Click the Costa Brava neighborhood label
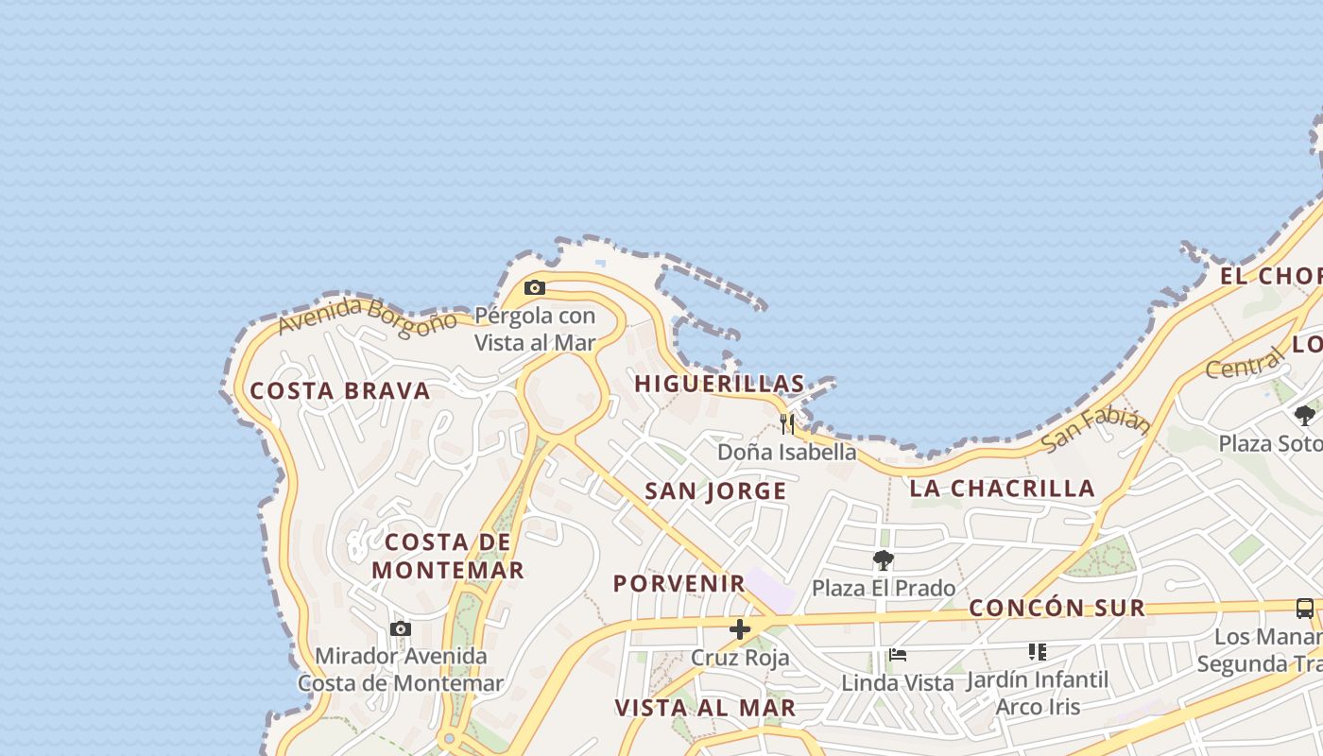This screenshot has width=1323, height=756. (x=340, y=390)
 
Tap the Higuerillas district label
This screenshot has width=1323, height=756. (x=719, y=384)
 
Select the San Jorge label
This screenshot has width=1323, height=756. (x=715, y=490)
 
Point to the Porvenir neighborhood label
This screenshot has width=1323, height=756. (x=679, y=583)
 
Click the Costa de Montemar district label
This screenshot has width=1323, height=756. (x=448, y=556)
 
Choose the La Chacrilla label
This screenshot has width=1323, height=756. (x=1003, y=488)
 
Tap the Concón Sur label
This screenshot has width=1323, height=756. (x=1057, y=608)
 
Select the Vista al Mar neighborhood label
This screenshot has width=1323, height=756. (x=705, y=708)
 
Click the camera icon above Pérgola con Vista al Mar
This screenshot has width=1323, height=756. (x=535, y=287)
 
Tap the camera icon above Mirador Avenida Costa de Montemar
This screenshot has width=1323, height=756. (x=401, y=628)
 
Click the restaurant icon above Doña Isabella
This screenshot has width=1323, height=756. (x=787, y=422)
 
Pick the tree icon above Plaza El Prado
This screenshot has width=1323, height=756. (x=884, y=560)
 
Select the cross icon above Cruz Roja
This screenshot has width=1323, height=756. (x=740, y=629)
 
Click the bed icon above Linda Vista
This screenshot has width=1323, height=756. (x=898, y=654)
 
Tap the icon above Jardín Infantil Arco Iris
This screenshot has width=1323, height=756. (x=1038, y=652)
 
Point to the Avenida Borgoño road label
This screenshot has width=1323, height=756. (x=367, y=317)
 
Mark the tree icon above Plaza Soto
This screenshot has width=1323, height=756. (x=1305, y=415)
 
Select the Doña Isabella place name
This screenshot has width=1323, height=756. (x=787, y=452)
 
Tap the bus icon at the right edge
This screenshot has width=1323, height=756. (x=1305, y=609)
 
